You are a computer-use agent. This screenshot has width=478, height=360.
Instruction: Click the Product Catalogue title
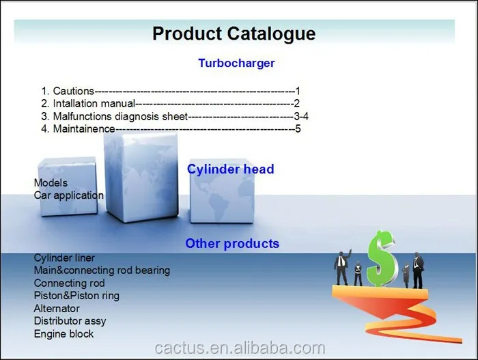click(x=234, y=33)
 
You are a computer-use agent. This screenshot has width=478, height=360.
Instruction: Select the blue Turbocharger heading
click(x=236, y=64)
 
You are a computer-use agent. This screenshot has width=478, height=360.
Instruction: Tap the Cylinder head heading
click(x=230, y=169)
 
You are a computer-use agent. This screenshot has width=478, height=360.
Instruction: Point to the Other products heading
click(x=232, y=244)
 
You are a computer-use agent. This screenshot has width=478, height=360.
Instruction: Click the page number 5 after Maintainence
click(x=298, y=128)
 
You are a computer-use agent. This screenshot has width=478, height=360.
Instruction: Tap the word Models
click(x=51, y=183)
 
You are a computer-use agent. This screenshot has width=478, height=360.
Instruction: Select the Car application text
click(x=69, y=195)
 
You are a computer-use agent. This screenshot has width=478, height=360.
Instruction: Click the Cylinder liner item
click(x=64, y=258)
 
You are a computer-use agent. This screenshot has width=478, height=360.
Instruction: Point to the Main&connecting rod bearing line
click(x=102, y=271)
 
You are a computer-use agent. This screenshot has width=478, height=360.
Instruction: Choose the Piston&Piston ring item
click(x=76, y=296)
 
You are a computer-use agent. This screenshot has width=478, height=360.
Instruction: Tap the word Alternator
click(x=57, y=309)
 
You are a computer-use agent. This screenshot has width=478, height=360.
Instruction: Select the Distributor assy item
click(x=70, y=321)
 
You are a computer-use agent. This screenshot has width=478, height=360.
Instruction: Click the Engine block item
click(x=64, y=334)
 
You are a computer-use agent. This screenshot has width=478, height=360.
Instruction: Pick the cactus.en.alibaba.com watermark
click(x=239, y=348)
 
